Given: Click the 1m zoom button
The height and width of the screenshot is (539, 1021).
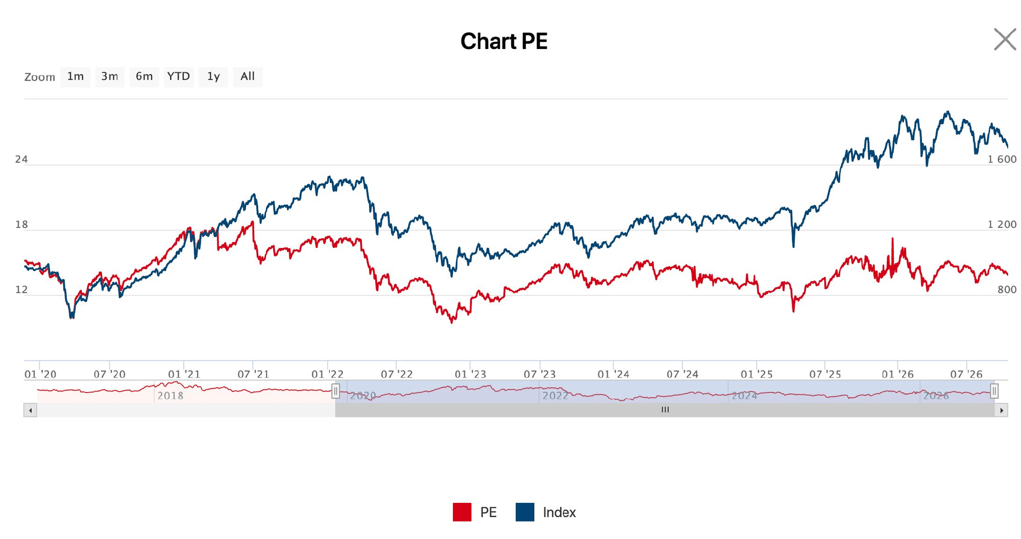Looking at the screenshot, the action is coord(76,76).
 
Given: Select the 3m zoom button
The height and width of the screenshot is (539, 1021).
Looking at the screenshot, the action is coord(110,76).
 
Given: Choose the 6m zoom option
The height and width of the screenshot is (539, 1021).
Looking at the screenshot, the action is coord(144,76).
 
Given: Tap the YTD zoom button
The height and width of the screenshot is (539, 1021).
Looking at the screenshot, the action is coord(179,76).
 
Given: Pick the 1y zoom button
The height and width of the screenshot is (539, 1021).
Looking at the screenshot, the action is coord(213,76).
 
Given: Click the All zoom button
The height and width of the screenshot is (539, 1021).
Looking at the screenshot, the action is coord(248,76).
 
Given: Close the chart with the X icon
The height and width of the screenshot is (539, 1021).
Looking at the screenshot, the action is coord(1005,39).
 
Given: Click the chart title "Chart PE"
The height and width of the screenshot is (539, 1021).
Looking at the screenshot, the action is coord(504,41).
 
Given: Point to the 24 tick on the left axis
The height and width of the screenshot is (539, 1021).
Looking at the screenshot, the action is coord(21,159).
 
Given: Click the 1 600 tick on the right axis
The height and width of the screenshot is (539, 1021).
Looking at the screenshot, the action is coord(1002,159).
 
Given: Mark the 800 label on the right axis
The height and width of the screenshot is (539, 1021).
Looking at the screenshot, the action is coord(1007,290).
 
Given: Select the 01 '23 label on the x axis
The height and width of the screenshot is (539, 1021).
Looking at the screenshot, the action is coord(470,374).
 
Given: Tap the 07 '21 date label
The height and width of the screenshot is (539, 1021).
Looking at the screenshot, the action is coord(253,374).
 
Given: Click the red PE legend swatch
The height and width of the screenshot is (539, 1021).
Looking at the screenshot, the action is coord(462,512).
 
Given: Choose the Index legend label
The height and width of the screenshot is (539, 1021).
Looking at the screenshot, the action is coord(559,512).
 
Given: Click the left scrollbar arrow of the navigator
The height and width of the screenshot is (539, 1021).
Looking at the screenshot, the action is coord(30,410).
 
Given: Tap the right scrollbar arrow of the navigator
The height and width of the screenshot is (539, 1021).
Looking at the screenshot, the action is coord(1001,410).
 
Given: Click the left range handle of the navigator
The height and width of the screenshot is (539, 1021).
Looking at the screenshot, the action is coord(335,391).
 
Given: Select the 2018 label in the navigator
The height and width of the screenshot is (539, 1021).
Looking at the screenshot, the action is coord(171,396).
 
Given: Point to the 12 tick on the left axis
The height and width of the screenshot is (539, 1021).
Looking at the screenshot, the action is coord(21,290).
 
